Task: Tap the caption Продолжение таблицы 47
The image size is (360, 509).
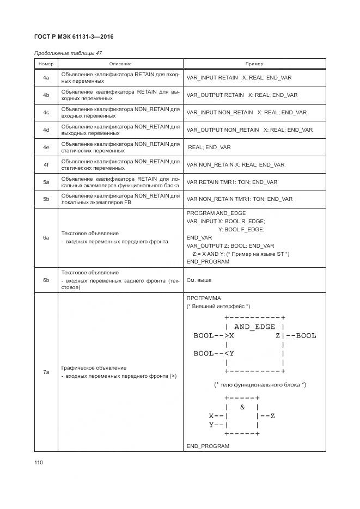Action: tap(68, 53)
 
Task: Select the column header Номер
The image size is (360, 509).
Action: tap(46, 64)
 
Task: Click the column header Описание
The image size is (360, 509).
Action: tap(120, 64)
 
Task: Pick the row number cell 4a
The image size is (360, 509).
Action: tap(46, 78)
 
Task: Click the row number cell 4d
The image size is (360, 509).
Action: tap(46, 130)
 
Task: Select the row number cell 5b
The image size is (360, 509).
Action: tap(46, 199)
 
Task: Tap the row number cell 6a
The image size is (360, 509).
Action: tap(46, 237)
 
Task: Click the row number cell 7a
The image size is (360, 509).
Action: tap(46, 372)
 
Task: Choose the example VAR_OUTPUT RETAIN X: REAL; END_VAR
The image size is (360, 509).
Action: tap(242, 95)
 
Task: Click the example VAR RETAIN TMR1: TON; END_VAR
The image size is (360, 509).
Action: tap(231, 182)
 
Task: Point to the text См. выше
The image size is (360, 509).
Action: tap(199, 280)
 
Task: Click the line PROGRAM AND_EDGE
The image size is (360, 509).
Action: tap(216, 213)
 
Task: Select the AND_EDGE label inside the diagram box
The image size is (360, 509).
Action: tap(254, 327)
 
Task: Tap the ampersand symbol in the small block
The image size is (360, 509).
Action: tap(242, 407)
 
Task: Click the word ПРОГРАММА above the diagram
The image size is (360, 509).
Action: tap(204, 298)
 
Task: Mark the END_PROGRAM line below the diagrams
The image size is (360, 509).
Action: tap(208, 446)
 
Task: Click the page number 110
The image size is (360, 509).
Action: tap(38, 463)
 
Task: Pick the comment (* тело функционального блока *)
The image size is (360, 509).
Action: tap(260, 385)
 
